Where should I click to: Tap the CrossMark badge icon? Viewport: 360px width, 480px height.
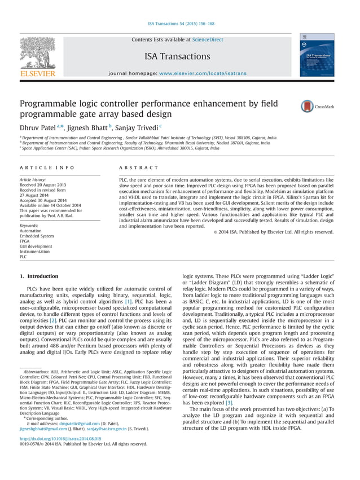pyautogui.click(x=308, y=106)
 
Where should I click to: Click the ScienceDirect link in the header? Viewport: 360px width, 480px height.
pyautogui.click(x=208, y=40)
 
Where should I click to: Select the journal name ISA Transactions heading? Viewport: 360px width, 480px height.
pyautogui.click(x=177, y=56)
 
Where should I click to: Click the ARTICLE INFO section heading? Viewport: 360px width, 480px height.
pyautogui.click(x=47, y=168)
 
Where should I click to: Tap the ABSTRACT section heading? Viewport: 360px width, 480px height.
pyautogui.click(x=139, y=168)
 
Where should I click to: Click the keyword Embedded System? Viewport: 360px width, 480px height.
pyautogui.click(x=37, y=236)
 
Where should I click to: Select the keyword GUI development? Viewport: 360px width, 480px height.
pyautogui.click(x=36, y=246)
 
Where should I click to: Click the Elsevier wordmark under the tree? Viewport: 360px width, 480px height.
pyautogui.click(x=38, y=74)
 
